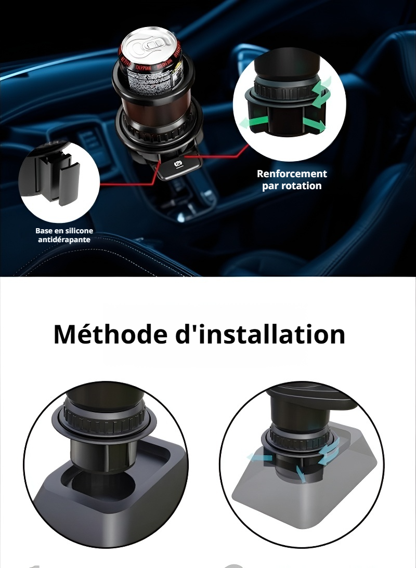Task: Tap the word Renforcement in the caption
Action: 292,174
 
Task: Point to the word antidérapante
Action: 64,240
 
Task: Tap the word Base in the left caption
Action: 44,230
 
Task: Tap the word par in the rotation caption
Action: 270,186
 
